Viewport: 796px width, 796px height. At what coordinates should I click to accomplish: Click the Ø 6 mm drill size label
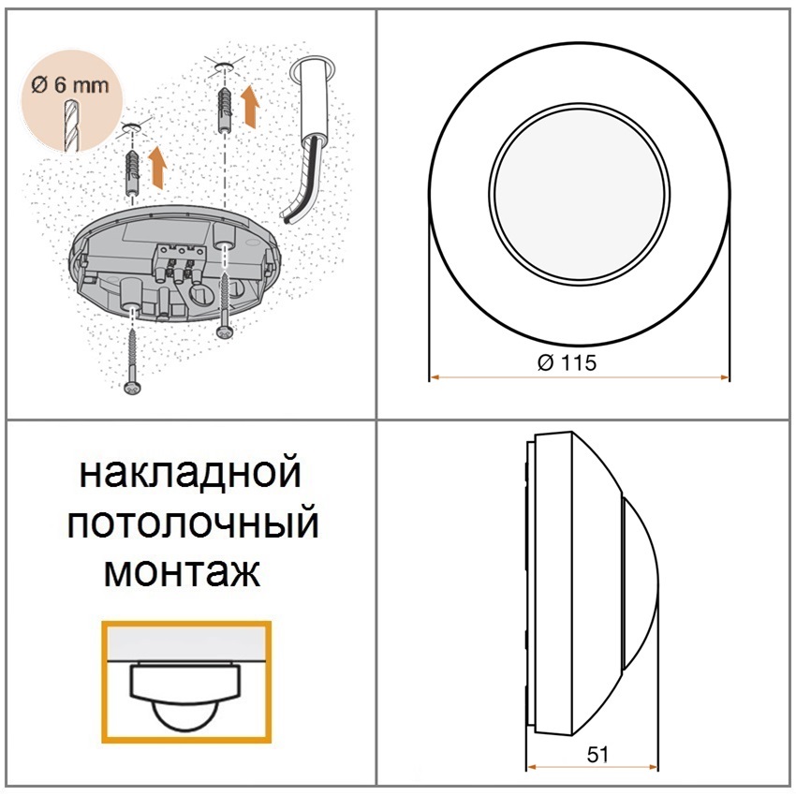point(69,84)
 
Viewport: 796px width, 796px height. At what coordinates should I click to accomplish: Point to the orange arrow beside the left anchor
point(158,168)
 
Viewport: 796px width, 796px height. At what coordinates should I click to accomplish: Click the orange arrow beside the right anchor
point(250,105)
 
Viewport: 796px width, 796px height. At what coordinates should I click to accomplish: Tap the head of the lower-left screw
point(132,389)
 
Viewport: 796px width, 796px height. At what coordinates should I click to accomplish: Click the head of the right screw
point(224,331)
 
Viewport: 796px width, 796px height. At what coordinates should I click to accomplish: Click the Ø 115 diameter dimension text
point(567,362)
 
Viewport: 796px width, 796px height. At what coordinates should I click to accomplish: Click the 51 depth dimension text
point(597,755)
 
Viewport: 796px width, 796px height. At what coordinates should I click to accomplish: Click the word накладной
point(191,473)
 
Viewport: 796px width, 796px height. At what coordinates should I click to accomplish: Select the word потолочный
point(193,523)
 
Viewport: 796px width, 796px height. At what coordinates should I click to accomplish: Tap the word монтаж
point(183,571)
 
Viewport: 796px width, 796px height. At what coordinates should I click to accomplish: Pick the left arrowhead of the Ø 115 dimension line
point(435,377)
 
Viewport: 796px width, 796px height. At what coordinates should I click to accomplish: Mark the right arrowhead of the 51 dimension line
point(654,767)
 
